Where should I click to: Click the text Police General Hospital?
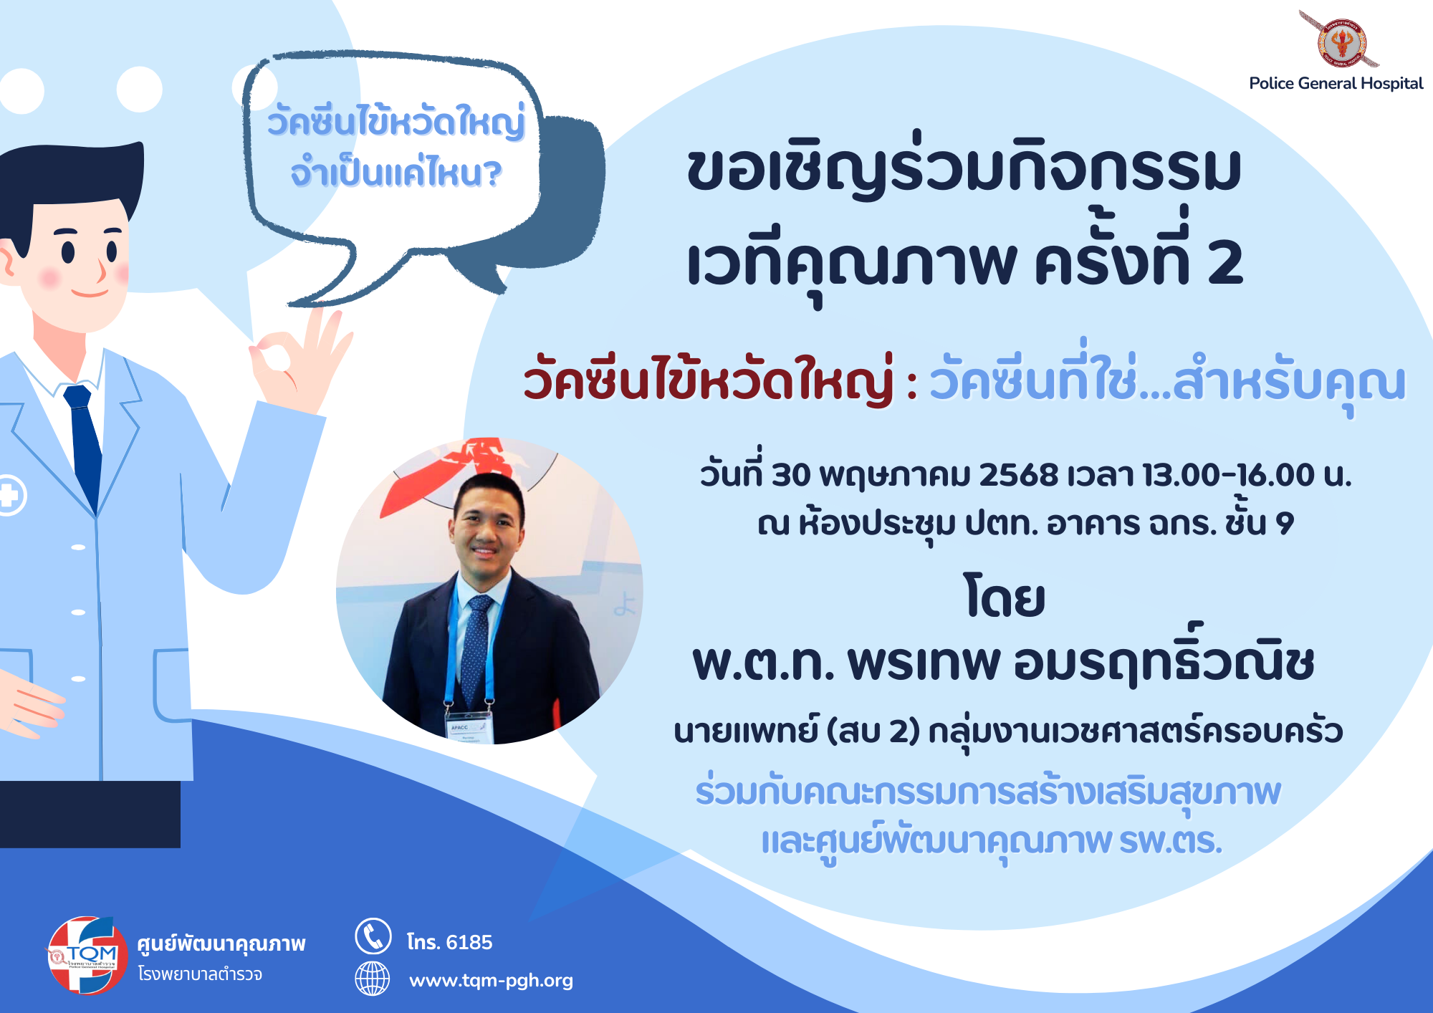click(1336, 83)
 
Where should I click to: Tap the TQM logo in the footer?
click(87, 955)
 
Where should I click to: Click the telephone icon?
click(373, 936)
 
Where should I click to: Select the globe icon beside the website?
click(373, 979)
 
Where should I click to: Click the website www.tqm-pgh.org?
click(491, 980)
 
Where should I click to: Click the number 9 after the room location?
click(1285, 524)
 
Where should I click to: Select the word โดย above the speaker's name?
click(1005, 597)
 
